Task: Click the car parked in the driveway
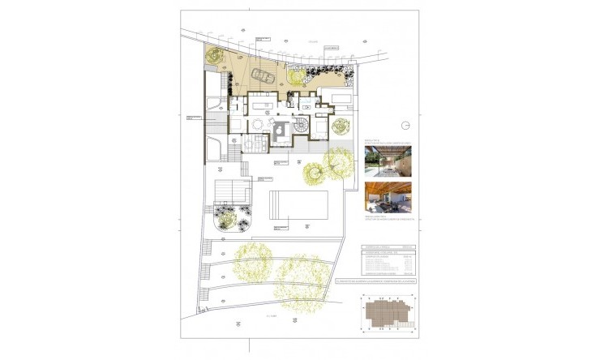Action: tap(263, 76)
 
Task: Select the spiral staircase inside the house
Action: tap(301, 126)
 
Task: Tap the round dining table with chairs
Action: tap(257, 124)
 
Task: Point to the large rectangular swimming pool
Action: tap(298, 206)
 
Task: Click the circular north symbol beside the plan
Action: tap(407, 124)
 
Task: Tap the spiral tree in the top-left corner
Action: tap(215, 55)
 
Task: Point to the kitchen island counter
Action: tap(261, 103)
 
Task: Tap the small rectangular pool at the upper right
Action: tap(338, 97)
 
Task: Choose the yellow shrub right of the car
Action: tap(294, 75)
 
